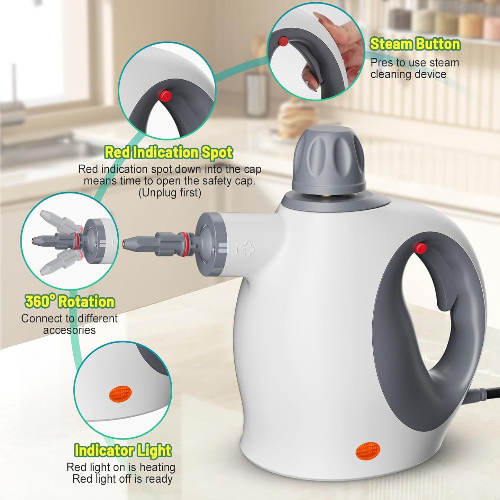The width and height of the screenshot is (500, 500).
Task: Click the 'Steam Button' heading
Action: pos(415,44)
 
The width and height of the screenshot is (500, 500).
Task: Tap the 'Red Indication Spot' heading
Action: pos(169,153)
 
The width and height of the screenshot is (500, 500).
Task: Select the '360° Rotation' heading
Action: pos(70,302)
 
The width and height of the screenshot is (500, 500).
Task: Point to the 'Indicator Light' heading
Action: pos(123,451)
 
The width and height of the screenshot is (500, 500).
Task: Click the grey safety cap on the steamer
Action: pos(329,159)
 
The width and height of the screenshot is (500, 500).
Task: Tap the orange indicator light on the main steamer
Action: pos(368,451)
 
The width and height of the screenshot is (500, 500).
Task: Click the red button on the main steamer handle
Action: pos(420,248)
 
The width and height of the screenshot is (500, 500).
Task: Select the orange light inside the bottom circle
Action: pos(120,394)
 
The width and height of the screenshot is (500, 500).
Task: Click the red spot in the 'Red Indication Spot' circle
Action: pos(165,96)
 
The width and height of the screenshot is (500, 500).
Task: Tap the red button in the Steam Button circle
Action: pos(283,42)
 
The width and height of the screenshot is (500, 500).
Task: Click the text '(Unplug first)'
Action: pos(170,193)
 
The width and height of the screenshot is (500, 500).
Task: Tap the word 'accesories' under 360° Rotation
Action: pos(69,330)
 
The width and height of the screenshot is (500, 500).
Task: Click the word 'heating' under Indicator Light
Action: pos(157,467)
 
